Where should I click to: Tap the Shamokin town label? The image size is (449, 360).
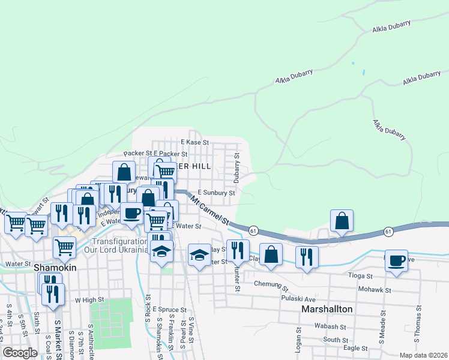click(55, 268)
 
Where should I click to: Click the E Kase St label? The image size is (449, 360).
click(194, 143)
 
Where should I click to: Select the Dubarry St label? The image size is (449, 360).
click(237, 168)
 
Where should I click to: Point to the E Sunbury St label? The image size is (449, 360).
click(216, 193)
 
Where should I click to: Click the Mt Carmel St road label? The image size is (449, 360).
click(210, 209)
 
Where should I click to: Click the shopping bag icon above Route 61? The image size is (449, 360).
click(342, 220)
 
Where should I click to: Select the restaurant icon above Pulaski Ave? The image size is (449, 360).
click(307, 256)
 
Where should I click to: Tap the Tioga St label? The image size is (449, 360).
click(361, 276)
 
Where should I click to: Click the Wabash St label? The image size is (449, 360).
click(328, 327)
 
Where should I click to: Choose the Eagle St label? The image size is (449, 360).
click(355, 348)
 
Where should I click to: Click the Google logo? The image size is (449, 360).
click(20, 353)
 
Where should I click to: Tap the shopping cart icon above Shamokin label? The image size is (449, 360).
click(64, 246)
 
